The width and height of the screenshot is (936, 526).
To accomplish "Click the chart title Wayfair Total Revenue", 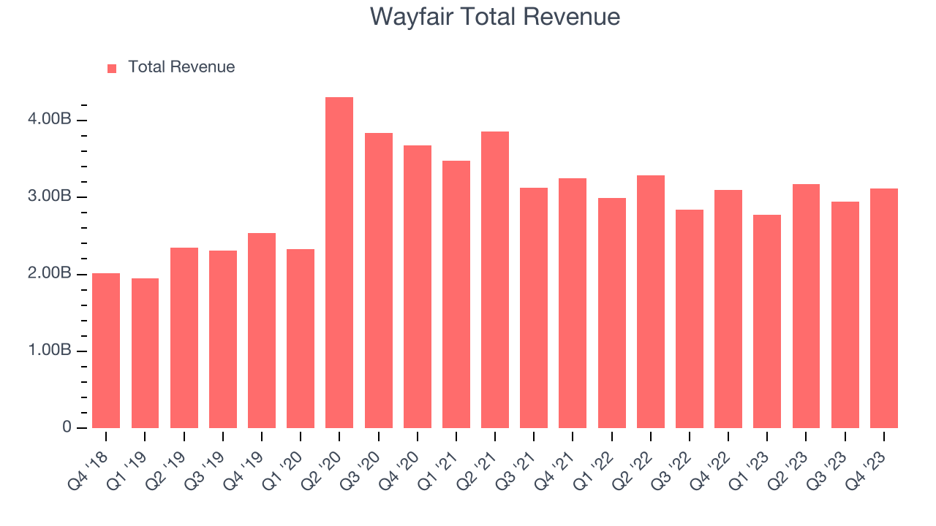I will click(495, 17).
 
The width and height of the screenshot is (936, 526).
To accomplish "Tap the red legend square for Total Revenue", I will click(112, 69).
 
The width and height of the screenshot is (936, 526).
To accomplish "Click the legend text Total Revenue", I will click(181, 67).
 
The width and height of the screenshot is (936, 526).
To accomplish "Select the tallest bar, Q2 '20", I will click(339, 263).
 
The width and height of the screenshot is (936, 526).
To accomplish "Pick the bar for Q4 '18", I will click(106, 351).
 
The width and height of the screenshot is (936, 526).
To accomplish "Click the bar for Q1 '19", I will click(145, 354).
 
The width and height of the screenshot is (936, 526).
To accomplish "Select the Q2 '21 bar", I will click(495, 280).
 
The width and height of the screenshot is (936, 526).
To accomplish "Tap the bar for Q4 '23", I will click(883, 308).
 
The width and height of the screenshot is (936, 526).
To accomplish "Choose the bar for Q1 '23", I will click(767, 321).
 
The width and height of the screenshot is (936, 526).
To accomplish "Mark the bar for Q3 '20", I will click(378, 281).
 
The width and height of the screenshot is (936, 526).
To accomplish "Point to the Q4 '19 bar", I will click(262, 330).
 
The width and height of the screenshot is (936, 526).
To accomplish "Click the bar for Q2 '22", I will click(650, 302).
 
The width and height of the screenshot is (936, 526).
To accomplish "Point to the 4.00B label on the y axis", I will click(50, 120).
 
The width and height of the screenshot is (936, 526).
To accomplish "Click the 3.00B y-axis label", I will click(50, 197).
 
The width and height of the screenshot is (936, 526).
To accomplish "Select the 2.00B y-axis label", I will click(50, 274).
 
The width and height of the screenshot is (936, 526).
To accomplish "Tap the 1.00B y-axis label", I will click(50, 351).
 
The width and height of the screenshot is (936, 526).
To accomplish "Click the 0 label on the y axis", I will click(67, 427).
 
